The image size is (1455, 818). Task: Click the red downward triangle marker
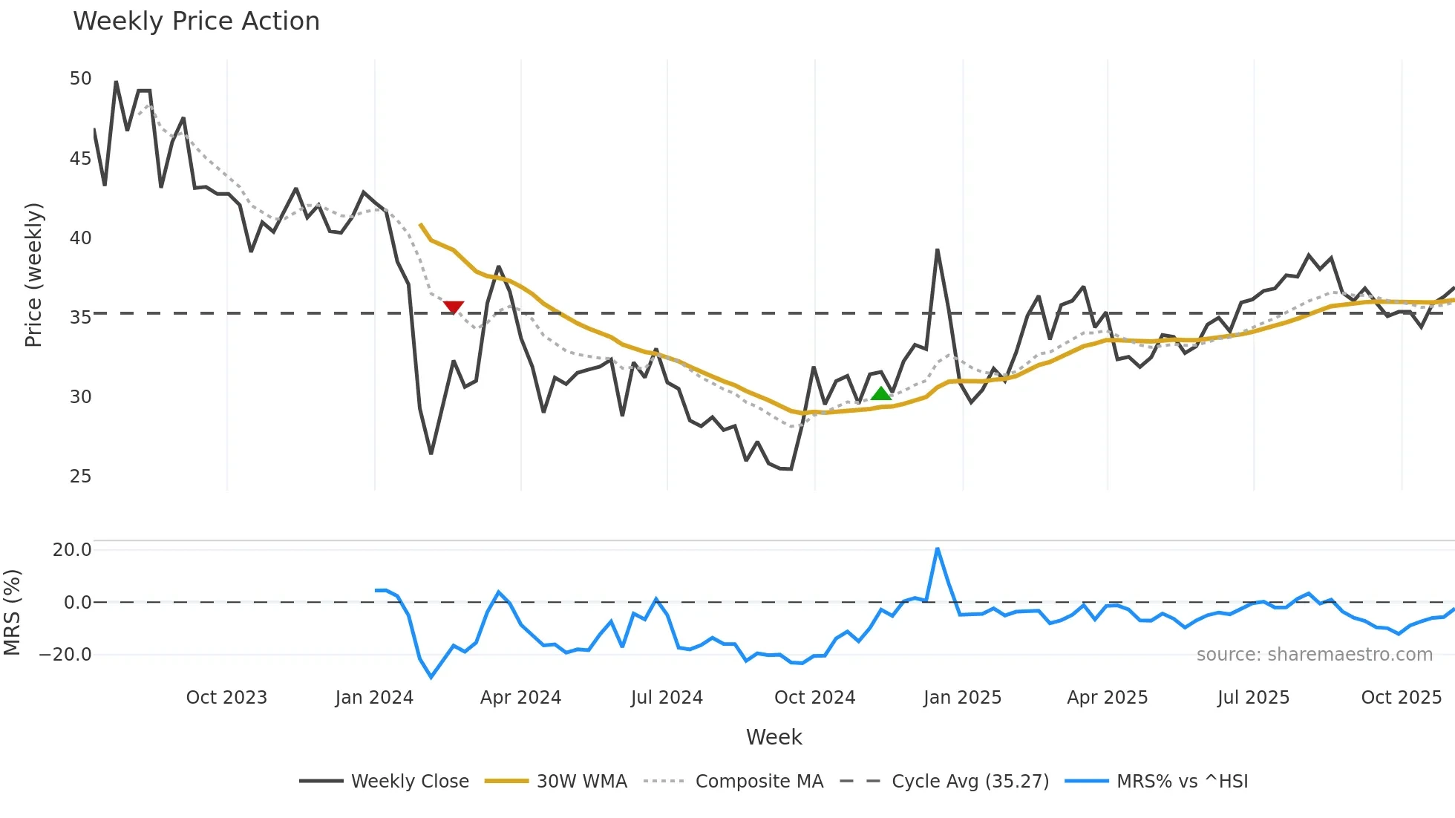click(x=454, y=307)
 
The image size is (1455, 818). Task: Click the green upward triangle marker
click(x=881, y=394)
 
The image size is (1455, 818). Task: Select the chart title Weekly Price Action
click(x=196, y=22)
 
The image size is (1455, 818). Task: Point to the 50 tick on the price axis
click(x=80, y=79)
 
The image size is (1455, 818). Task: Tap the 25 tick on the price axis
click(x=80, y=477)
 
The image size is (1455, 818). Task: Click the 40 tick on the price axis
click(x=80, y=238)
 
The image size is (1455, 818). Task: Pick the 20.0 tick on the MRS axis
click(x=72, y=550)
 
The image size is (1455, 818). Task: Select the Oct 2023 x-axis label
click(x=226, y=698)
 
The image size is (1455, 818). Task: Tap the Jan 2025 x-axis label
click(x=962, y=698)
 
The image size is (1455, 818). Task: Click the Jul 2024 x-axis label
click(x=667, y=698)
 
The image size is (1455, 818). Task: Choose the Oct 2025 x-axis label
click(x=1401, y=698)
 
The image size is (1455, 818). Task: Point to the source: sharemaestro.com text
click(x=1314, y=655)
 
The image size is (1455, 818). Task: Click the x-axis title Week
click(x=774, y=737)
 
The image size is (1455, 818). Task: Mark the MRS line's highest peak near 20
click(x=938, y=549)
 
